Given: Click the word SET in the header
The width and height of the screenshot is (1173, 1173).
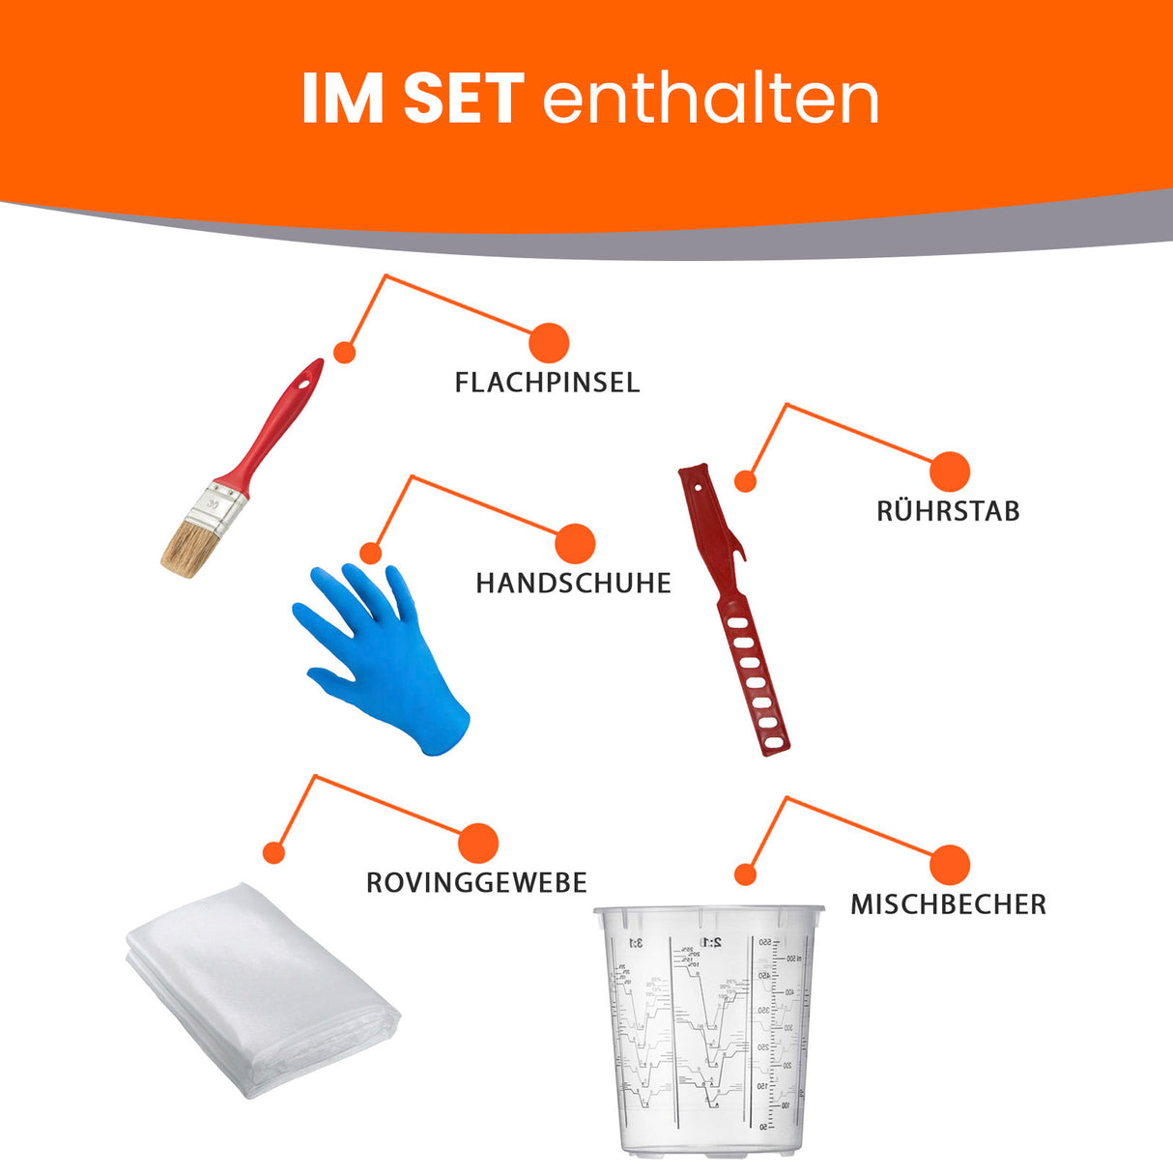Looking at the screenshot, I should click(463, 99).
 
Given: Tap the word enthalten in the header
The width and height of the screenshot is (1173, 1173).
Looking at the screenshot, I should click(711, 99).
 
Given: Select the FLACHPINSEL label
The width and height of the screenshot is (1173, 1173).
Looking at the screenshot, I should click(547, 383).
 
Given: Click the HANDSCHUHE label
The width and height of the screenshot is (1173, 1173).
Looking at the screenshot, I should click(573, 584).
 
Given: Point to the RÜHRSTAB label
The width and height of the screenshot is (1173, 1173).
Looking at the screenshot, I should click(948, 511).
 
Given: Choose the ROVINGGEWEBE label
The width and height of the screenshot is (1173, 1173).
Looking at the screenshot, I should click(476, 883).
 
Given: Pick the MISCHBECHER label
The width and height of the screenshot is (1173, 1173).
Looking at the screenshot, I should click(948, 905).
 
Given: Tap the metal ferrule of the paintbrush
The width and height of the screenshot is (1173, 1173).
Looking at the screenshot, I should click(220, 506).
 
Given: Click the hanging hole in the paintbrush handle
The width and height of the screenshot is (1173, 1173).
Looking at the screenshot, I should click(308, 381).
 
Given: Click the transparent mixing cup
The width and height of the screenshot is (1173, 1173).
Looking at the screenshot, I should click(706, 1029).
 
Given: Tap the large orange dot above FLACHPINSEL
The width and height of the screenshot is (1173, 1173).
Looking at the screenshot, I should click(549, 343).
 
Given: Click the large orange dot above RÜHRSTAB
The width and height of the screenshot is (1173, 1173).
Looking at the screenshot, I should click(950, 472).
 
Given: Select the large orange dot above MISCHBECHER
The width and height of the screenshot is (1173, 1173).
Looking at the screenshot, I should click(950, 865).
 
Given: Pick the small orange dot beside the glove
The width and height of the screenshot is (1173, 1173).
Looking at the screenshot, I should click(371, 554).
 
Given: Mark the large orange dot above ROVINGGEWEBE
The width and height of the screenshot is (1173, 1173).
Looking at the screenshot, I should click(478, 844).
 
